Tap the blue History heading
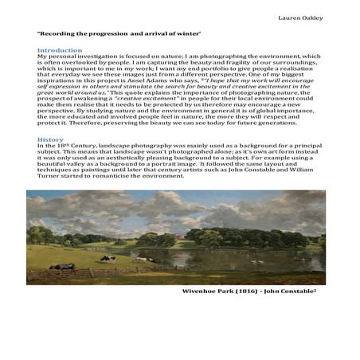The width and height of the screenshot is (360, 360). (50, 139)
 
